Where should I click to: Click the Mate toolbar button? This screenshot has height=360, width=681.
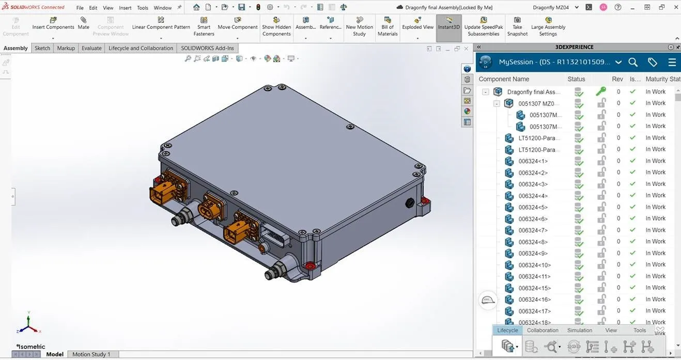[83, 23]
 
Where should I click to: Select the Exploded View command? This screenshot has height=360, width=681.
[417, 23]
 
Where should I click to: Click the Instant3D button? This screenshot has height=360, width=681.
[448, 23]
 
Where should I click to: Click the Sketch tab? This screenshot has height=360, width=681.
[42, 48]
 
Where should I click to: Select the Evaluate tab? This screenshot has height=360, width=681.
[91, 48]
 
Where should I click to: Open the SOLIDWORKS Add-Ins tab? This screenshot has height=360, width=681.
[207, 48]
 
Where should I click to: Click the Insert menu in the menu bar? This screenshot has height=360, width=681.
[125, 8]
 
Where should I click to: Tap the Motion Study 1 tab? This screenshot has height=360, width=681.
[91, 354]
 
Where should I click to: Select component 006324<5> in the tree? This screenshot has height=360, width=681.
[533, 207]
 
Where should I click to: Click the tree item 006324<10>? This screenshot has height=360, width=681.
[534, 265]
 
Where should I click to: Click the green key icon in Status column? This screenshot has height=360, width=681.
[600, 91]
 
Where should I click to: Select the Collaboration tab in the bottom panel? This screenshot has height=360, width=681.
[543, 330]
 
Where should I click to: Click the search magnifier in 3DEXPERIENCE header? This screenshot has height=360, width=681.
[633, 62]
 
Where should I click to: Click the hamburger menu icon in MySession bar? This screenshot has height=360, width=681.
[672, 62]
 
